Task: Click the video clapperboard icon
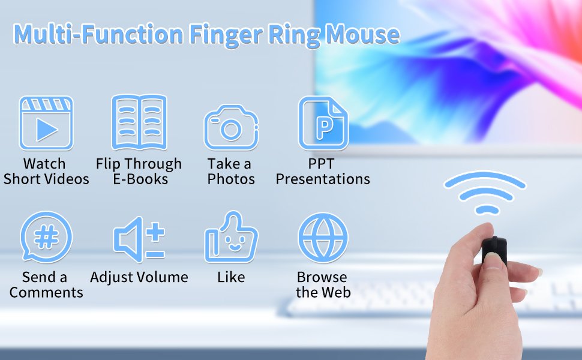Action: [x=46, y=123]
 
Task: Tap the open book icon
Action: [x=139, y=122]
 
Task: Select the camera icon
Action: [x=231, y=127]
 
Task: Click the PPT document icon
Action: [x=323, y=123]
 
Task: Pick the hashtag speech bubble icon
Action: [x=46, y=237]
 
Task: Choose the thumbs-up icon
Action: [x=231, y=237]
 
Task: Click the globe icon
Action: [x=323, y=238]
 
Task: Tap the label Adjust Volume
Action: [x=139, y=277]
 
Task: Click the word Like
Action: [x=231, y=277]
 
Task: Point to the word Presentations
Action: [x=323, y=179]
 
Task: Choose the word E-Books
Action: [x=140, y=179]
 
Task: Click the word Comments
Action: [x=46, y=292]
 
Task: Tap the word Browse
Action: [x=322, y=277]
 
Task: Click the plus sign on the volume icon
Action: [x=155, y=232]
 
